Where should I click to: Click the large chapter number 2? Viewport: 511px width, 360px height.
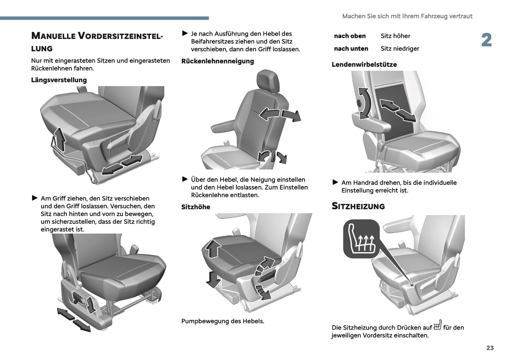(486, 40)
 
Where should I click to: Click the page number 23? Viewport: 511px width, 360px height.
(490, 348)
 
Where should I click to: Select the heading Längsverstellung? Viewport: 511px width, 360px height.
(59, 80)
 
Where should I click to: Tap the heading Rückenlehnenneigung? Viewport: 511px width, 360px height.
(217, 61)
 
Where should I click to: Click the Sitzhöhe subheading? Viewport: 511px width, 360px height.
(196, 207)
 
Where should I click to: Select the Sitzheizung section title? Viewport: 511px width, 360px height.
(358, 206)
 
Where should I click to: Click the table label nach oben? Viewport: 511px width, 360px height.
(350, 36)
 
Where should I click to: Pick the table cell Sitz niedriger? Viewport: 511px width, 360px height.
(400, 48)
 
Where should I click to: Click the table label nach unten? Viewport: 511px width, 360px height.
(351, 48)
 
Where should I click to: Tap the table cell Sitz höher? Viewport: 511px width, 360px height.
(395, 36)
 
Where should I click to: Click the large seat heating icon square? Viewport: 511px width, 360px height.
(361, 239)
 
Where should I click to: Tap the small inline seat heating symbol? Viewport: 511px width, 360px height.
(437, 325)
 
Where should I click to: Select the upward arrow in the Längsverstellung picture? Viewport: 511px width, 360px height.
(60, 139)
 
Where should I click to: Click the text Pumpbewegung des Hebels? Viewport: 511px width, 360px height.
(222, 321)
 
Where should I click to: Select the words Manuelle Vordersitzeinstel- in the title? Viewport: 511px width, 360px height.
(97, 36)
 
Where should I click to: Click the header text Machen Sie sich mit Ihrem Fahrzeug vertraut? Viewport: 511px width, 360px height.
(407, 16)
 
